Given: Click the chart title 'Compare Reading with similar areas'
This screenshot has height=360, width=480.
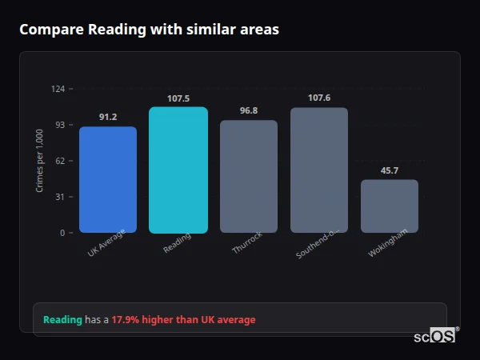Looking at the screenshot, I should pyautogui.click(x=149, y=30).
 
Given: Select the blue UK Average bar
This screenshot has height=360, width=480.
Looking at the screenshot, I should pyautogui.click(x=108, y=180).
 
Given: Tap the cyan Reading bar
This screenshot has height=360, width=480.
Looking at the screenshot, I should pyautogui.click(x=178, y=170).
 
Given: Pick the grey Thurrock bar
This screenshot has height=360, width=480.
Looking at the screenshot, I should pyautogui.click(x=249, y=176).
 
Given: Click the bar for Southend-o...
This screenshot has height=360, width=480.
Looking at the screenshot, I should pyautogui.click(x=319, y=170).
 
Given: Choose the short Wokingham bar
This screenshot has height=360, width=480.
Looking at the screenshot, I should pyautogui.click(x=390, y=206).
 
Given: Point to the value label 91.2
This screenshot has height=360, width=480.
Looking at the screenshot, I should pyautogui.click(x=108, y=117).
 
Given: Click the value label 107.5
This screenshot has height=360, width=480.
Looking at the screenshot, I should pyautogui.click(x=178, y=98).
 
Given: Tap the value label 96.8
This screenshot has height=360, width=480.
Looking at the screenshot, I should pyautogui.click(x=249, y=110).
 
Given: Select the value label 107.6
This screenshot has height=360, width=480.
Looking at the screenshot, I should pyautogui.click(x=319, y=98).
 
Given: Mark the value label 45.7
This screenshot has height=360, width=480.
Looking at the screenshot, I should pyautogui.click(x=390, y=170).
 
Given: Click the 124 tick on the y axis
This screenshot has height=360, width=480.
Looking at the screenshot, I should pyautogui.click(x=58, y=89).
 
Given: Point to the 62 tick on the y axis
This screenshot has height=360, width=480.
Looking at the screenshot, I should pyautogui.click(x=61, y=161).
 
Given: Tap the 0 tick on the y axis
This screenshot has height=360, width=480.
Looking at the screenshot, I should pyautogui.click(x=62, y=233).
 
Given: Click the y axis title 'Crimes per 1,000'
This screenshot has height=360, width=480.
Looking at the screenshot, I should pyautogui.click(x=40, y=161).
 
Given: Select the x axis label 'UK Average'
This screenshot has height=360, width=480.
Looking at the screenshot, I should pyautogui.click(x=106, y=246).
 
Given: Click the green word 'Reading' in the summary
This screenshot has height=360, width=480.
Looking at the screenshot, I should pyautogui.click(x=62, y=320).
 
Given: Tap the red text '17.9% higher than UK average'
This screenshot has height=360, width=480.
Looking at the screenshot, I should pyautogui.click(x=183, y=320).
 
